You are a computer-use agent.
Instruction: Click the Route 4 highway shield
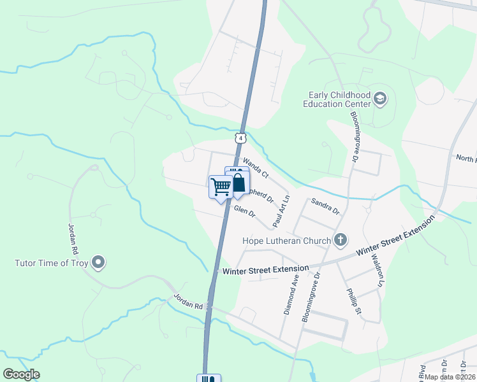tap(239, 138)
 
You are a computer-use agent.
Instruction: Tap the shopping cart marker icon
tap(221, 187)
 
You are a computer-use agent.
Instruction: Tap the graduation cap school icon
tap(380, 99)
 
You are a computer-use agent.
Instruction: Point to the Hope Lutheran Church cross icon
tap(341, 240)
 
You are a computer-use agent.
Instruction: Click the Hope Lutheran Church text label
tap(286, 241)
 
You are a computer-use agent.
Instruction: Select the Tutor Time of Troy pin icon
tap(98, 262)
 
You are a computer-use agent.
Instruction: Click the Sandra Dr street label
tap(325, 206)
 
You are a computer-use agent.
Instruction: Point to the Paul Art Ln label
tap(281, 212)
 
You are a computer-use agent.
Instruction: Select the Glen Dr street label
tap(244, 212)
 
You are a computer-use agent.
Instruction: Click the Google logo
tap(21, 374)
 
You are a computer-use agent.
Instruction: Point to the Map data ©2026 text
tap(450, 377)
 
